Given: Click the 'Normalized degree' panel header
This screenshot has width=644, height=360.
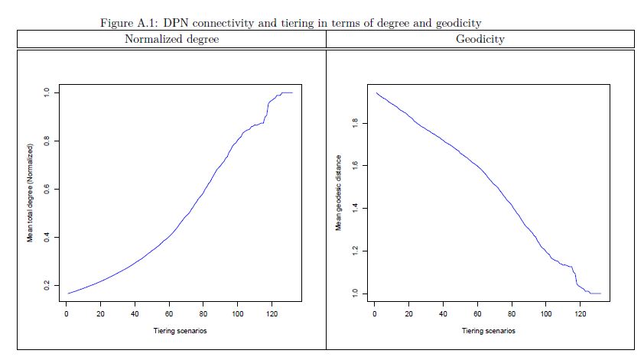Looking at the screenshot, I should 172,39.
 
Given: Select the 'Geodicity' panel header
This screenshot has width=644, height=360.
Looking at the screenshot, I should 480,39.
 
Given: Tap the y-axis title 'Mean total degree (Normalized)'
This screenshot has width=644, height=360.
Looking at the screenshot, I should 31,193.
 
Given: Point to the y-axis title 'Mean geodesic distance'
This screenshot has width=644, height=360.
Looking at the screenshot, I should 337,193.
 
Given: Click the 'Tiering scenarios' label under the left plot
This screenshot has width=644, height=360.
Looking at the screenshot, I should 181,331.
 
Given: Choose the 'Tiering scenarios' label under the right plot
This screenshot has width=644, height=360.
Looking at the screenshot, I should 489,331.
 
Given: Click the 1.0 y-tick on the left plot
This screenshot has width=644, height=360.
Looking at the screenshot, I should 46,92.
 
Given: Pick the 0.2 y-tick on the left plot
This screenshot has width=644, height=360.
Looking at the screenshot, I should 46,285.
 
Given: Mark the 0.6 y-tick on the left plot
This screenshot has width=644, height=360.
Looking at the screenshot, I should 46,189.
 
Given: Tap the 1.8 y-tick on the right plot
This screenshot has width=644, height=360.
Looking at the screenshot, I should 353,122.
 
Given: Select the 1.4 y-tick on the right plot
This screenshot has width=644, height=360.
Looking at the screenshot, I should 353,208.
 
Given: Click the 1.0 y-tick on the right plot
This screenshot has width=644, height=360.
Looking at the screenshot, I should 353,294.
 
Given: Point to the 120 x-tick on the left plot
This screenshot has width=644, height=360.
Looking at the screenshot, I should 272,313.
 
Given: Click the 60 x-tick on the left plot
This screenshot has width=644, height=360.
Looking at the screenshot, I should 169,313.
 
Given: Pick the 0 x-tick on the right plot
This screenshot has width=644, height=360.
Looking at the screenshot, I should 374,313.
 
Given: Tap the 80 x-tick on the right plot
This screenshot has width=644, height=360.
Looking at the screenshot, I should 512,313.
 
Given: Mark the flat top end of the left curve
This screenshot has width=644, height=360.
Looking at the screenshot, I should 287,92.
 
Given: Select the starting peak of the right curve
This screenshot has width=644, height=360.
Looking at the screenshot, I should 376,93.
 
